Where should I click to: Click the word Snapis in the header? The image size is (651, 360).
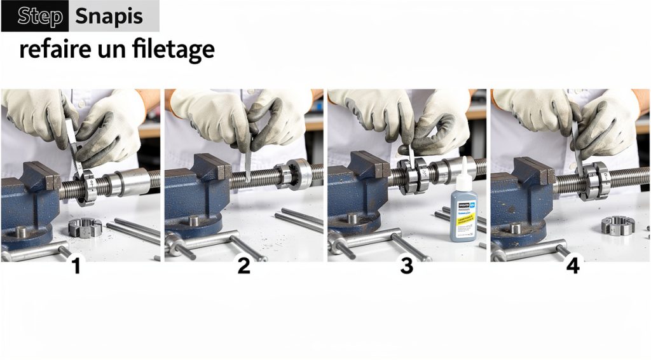coord(109,17)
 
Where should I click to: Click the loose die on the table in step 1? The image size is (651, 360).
coord(85,227)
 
